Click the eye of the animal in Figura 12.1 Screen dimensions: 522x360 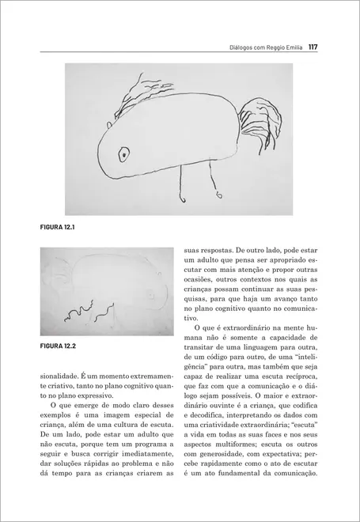tap(123, 153)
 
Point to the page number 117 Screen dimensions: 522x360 tap(313, 47)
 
